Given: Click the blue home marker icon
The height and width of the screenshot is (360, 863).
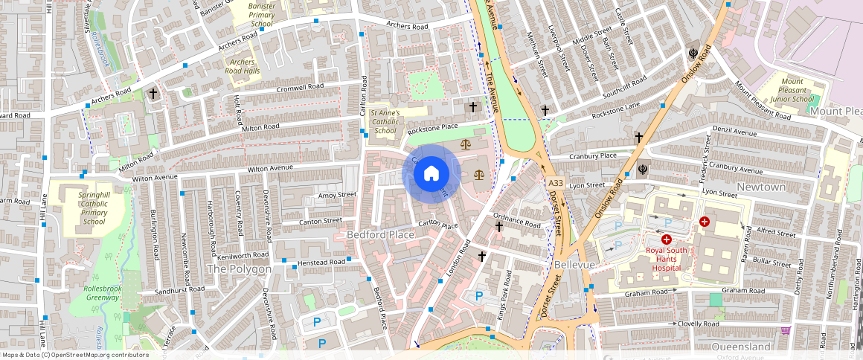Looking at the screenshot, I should tap(431, 174).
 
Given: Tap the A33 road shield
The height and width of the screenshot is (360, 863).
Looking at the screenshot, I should tap(555, 183).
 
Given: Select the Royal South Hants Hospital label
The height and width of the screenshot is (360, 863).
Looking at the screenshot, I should tap(667, 254).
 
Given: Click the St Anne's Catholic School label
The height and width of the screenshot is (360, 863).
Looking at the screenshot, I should tap(385, 121).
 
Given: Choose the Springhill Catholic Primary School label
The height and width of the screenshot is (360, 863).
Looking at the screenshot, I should tap(94, 208).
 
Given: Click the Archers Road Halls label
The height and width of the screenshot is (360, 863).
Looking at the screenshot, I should tap(244, 66).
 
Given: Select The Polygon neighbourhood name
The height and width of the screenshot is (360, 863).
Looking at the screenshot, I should tap(239, 269).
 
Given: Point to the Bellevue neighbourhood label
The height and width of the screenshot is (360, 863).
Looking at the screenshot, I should tap(574, 265).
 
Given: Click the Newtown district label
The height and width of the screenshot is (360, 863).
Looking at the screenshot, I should tap(761, 187).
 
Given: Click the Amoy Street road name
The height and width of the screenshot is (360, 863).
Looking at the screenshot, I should tap(337, 195).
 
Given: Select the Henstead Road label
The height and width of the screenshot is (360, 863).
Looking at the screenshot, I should tap(321, 263).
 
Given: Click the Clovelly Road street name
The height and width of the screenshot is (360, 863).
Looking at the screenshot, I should tap(698, 324).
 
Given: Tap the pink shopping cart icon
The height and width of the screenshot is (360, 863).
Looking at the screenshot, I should tap(784, 331).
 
